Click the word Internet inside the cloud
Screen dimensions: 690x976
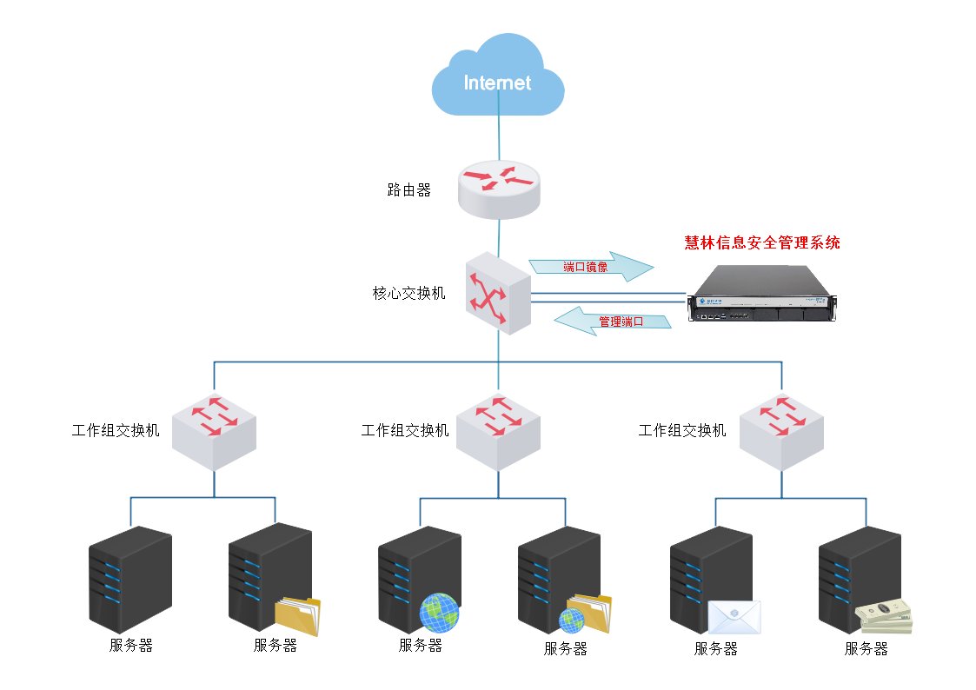(497, 83)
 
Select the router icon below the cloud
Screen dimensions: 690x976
(498, 189)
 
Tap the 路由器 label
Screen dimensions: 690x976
(408, 190)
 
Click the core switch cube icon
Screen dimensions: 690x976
(498, 294)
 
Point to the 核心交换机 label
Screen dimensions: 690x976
(408, 294)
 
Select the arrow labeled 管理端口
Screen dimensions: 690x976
(614, 321)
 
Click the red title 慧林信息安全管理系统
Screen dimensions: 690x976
(762, 243)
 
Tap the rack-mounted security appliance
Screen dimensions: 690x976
(764, 294)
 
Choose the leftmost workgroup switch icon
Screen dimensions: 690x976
(214, 429)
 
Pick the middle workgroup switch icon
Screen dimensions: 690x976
(498, 429)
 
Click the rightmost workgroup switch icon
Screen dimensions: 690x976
(781, 429)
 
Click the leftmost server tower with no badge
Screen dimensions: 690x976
(130, 578)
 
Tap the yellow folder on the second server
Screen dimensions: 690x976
(297, 616)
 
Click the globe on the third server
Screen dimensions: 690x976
(439, 612)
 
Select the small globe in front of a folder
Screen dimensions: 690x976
(571, 620)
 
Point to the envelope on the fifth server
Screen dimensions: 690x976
(734, 617)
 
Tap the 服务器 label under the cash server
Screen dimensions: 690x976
(866, 649)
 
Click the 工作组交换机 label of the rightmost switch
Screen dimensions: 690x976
(682, 430)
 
